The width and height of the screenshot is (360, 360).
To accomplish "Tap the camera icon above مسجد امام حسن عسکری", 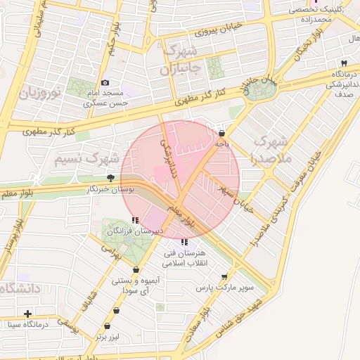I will click(105, 83).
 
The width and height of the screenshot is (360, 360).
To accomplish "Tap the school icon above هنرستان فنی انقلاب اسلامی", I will click(184, 242).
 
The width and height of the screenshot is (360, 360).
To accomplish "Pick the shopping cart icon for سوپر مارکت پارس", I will click(224, 278).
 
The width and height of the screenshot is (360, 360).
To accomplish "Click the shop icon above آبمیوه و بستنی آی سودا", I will click(136, 270).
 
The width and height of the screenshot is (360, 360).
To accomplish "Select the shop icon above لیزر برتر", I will click(107, 326).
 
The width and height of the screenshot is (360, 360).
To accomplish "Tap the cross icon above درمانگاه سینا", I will click(27, 314).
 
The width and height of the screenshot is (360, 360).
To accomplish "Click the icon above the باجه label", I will click(222, 132).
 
